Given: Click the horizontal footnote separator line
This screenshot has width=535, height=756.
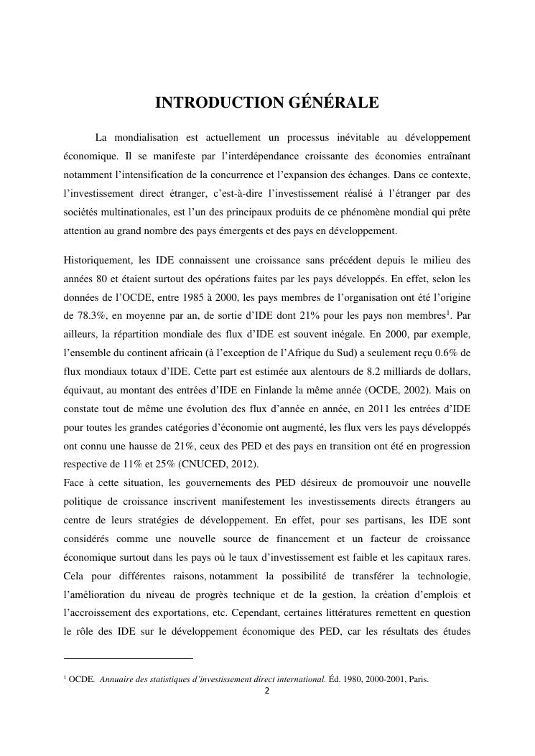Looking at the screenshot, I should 129,658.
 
